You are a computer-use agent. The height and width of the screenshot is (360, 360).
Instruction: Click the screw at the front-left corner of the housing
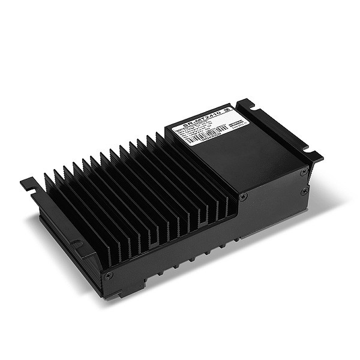[x=109, y=275]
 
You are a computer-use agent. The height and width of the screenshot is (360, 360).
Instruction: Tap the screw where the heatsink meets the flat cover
[x=242, y=197]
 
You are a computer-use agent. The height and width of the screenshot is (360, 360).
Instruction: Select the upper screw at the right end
[x=304, y=172]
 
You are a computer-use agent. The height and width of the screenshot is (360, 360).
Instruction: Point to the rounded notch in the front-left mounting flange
[x=77, y=245]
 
